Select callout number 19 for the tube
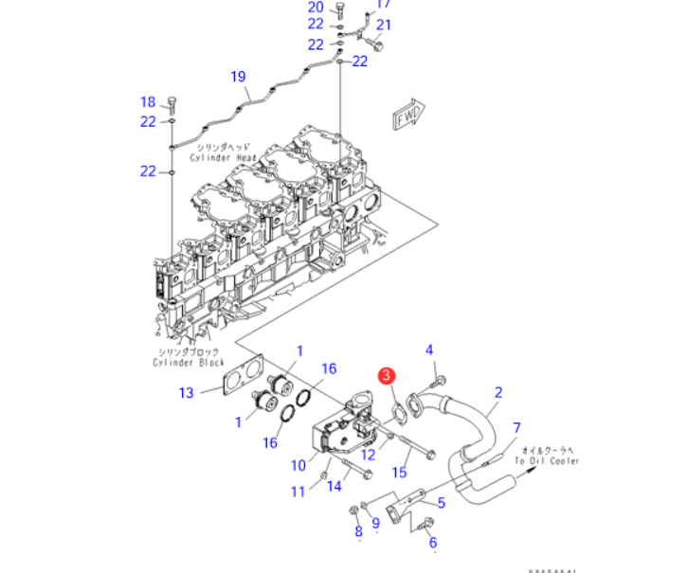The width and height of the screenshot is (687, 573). [238, 77]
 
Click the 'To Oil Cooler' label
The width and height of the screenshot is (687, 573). [547, 460]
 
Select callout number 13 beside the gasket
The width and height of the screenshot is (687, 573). [187, 393]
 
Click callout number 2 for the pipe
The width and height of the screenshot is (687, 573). [498, 392]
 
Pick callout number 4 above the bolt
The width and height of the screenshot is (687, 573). [429, 350]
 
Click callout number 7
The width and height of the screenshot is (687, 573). [517, 427]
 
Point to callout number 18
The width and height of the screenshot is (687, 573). [148, 102]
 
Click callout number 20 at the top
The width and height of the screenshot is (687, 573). [316, 8]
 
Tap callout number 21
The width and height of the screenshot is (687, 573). [384, 25]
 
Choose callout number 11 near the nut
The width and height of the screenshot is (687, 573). [298, 491]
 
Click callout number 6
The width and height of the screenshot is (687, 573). [433, 543]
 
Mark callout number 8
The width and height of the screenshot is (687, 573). [358, 532]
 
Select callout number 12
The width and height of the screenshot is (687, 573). [369, 455]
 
